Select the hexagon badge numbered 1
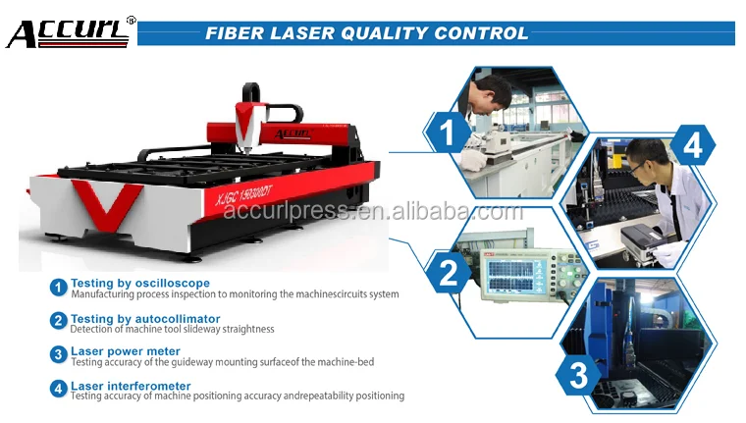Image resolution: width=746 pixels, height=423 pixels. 448,132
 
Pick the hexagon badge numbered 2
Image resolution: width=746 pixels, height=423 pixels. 448,272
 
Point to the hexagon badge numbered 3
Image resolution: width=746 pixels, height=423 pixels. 578,375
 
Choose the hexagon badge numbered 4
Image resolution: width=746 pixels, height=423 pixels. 692,145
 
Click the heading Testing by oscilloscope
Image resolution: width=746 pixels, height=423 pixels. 140,283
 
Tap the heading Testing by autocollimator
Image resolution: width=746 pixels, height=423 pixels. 145,319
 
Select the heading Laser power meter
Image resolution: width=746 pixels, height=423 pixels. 126,351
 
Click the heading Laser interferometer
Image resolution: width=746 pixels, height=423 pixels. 131,386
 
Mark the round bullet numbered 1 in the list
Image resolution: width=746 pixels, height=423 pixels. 59,288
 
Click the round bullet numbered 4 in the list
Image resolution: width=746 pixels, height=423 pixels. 59,389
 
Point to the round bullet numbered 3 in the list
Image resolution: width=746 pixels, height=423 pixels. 59,354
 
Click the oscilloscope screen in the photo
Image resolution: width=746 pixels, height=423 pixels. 510,274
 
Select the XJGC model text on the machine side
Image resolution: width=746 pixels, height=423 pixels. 243,195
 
